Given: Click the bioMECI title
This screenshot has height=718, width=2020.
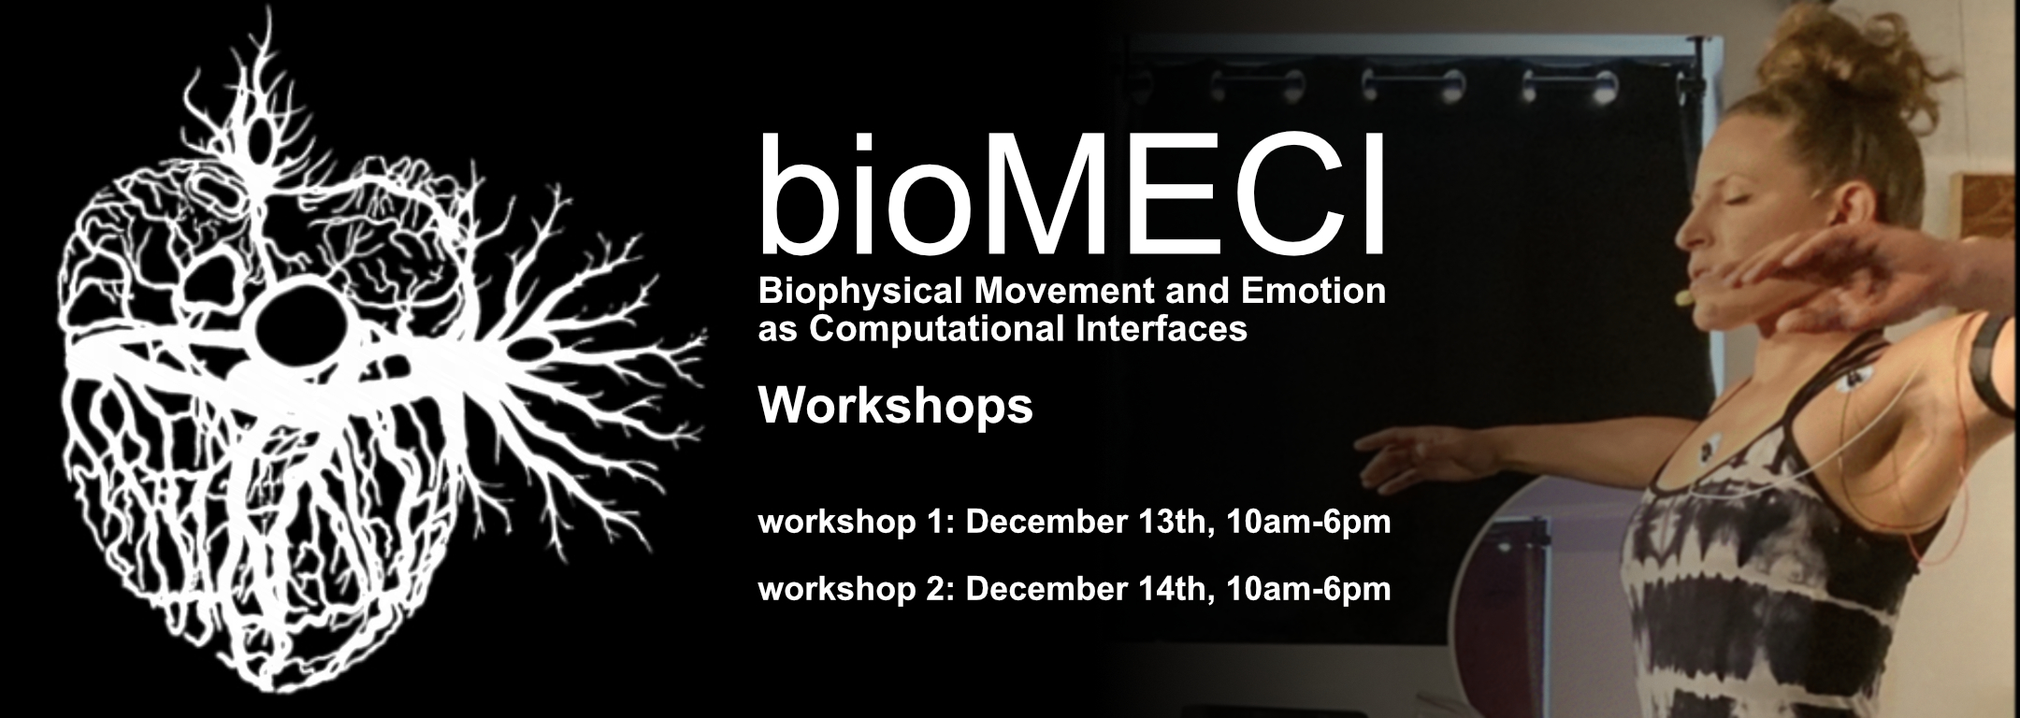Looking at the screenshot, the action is pos(1072,195).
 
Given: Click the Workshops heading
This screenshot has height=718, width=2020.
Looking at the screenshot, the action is pos(896,408).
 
